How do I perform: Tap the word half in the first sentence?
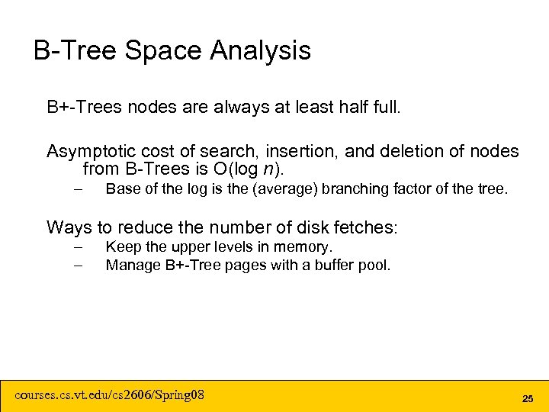(345, 107)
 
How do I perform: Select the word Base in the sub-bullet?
(122, 188)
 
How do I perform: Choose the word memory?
(307, 247)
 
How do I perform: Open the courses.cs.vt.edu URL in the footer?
(110, 395)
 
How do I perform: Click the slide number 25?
(527, 398)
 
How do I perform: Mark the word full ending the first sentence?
(385, 107)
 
